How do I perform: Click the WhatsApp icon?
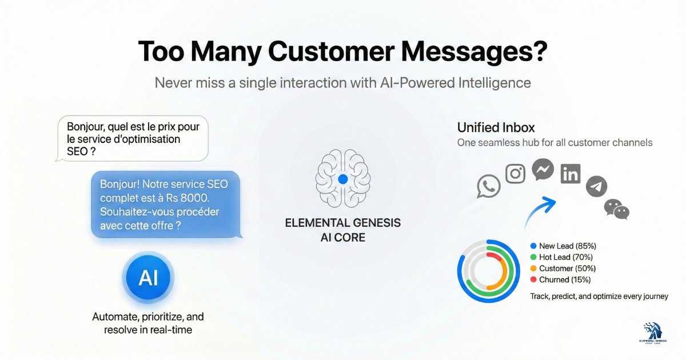(x=489, y=186)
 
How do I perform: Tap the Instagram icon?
(x=516, y=173)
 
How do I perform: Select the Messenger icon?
(x=543, y=169)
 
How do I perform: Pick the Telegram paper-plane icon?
(x=596, y=187)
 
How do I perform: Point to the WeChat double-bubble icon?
(x=617, y=209)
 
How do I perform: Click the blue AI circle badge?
(x=148, y=278)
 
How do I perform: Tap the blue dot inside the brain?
(x=343, y=179)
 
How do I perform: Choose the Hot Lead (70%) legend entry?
(x=563, y=257)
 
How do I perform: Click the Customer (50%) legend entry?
(x=563, y=269)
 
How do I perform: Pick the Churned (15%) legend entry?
(x=561, y=279)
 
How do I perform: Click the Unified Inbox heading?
(x=496, y=127)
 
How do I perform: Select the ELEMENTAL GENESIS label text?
(x=342, y=223)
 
